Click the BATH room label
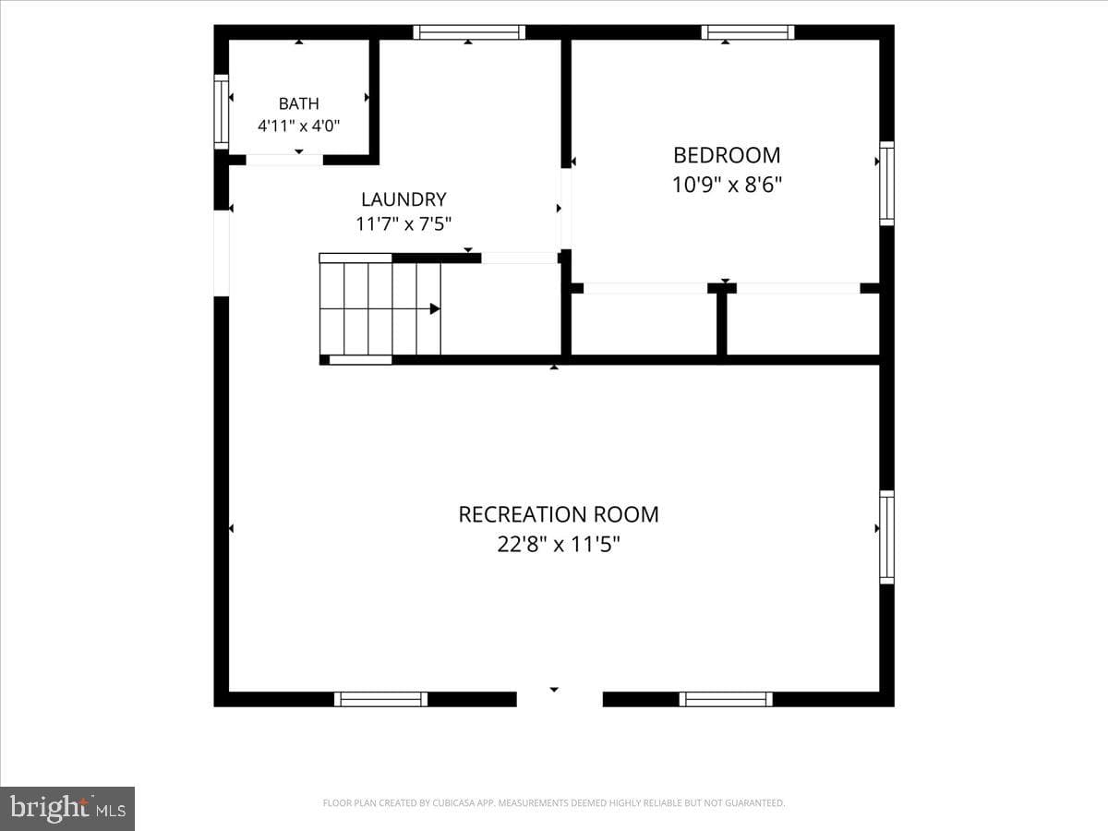[x=299, y=103]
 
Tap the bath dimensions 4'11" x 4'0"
[x=299, y=126]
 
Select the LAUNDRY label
[x=403, y=199]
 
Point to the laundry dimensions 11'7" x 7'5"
[x=403, y=223]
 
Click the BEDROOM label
[x=727, y=155]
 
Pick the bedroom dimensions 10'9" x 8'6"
[x=727, y=185]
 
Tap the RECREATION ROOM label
[x=559, y=514]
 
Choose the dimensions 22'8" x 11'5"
[x=559, y=545]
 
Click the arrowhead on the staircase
[x=435, y=308]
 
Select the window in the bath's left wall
[x=221, y=112]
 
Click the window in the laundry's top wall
[x=469, y=32]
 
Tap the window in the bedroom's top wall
[x=748, y=32]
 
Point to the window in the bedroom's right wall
[x=887, y=184]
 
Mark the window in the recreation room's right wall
[x=887, y=537]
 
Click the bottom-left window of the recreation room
[x=380, y=699]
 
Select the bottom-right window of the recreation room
[x=726, y=699]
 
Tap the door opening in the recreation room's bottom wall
[x=560, y=699]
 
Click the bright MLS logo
[x=67, y=809]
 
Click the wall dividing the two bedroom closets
[x=722, y=323]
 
